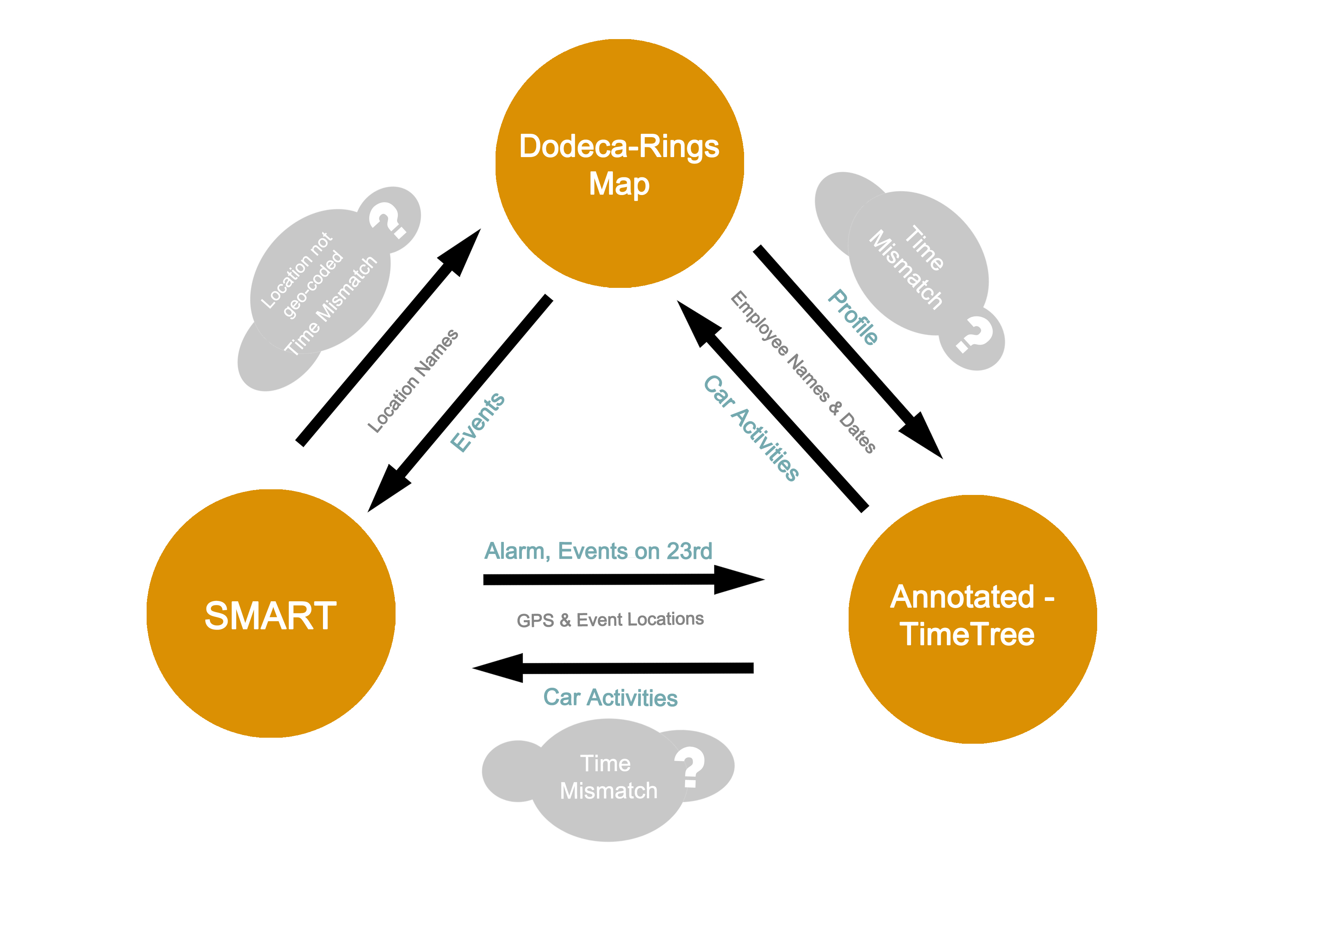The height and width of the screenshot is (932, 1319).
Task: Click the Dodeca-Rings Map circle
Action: tap(619, 163)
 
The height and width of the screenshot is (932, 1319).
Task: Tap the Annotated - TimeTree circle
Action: tap(972, 619)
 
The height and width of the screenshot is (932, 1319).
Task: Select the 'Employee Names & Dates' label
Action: tap(803, 372)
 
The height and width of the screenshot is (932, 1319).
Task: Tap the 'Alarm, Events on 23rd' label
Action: tap(598, 551)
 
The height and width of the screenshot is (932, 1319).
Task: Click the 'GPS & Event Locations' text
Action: tap(610, 620)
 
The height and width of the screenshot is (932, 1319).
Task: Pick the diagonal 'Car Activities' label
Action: tap(751, 428)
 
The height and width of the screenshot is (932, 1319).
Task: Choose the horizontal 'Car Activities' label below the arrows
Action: tap(610, 698)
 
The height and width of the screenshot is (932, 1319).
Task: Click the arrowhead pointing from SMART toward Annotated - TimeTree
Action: tap(738, 579)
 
